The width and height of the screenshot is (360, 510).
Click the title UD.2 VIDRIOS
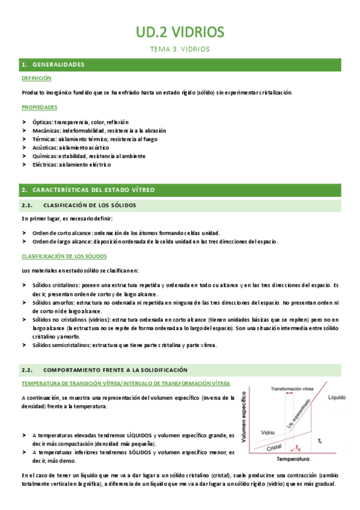[x=179, y=31]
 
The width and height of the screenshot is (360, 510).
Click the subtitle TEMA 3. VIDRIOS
[x=179, y=49]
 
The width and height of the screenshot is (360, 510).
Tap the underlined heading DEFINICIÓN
[x=36, y=78]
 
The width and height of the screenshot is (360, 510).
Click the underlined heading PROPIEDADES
[x=39, y=107]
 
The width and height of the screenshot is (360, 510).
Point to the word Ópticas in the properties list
[x=42, y=122]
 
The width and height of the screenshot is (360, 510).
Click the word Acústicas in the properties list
[x=44, y=147]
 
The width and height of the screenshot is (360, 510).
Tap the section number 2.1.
[x=29, y=206]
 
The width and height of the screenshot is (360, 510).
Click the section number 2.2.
[x=29, y=369]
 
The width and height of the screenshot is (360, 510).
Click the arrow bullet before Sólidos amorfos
[x=25, y=304]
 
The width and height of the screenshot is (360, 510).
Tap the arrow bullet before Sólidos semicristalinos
[x=25, y=345]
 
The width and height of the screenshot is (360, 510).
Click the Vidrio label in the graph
[x=268, y=432]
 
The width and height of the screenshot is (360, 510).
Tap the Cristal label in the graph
[x=274, y=447]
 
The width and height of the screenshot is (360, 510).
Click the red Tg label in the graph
[x=298, y=447]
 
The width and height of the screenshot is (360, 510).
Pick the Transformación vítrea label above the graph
[x=291, y=388]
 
